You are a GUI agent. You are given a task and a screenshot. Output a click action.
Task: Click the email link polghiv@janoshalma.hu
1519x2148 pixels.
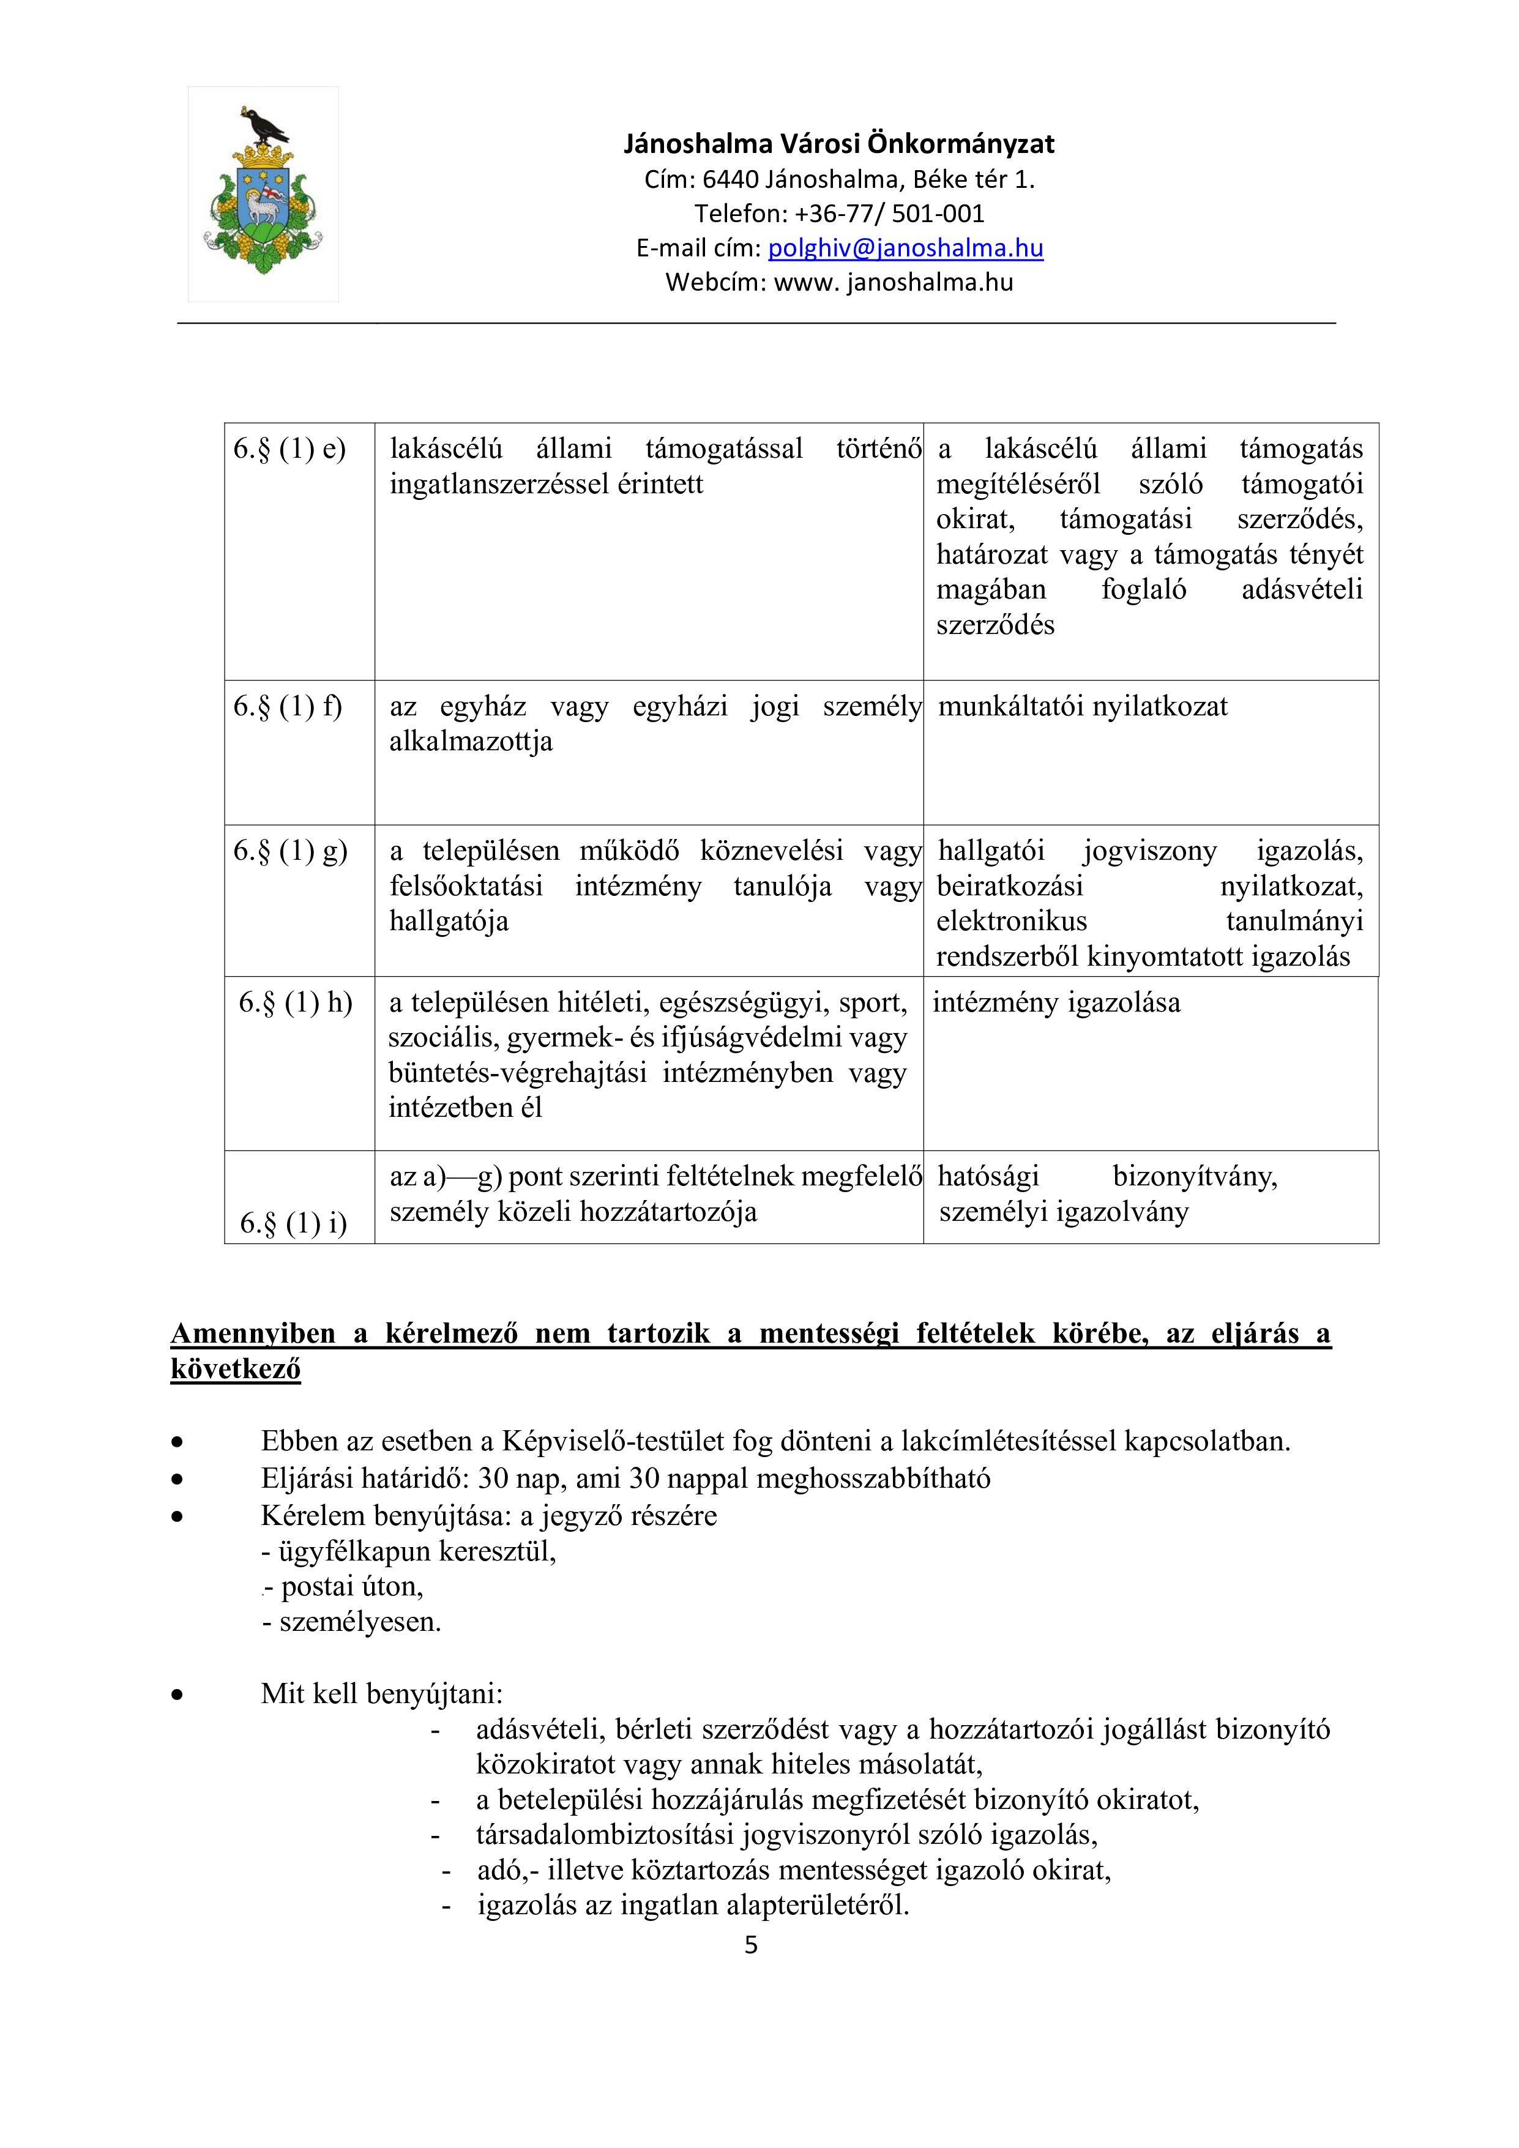click(905, 248)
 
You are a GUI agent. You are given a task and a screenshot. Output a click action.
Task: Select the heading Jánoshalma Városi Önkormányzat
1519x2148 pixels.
click(839, 144)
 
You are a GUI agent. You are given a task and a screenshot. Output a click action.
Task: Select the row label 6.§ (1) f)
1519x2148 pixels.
click(288, 706)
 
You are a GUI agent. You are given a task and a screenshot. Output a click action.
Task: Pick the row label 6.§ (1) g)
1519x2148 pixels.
click(290, 851)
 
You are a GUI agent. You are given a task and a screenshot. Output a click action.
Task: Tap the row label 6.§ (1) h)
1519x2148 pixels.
click(296, 1003)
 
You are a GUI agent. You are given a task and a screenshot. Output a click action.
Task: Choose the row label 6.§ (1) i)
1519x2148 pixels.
click(294, 1223)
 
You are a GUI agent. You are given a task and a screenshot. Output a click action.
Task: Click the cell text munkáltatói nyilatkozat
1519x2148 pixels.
click(1082, 706)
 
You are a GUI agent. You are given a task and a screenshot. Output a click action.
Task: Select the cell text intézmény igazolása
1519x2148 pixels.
click(1056, 1003)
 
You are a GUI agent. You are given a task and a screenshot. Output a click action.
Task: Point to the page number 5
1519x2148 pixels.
click(751, 1945)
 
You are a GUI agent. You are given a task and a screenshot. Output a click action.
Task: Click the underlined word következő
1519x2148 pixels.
click(236, 1369)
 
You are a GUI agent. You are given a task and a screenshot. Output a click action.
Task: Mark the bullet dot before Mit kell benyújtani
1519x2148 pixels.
click(177, 1695)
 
